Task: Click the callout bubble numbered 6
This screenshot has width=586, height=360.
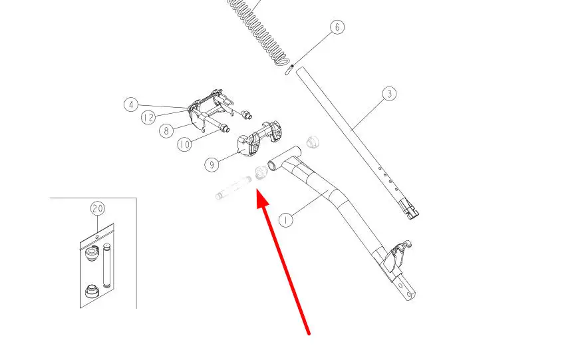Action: [x=337, y=27]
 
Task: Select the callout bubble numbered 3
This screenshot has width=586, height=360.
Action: [x=389, y=93]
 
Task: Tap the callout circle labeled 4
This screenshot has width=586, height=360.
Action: [x=131, y=104]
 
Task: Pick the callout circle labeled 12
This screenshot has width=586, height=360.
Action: [x=148, y=118]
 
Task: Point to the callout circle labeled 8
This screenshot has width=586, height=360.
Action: [x=166, y=130]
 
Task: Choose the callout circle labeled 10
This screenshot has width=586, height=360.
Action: [x=184, y=144]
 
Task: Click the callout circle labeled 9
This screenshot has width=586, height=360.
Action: [x=212, y=164]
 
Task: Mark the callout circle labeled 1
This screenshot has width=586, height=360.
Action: [x=286, y=220]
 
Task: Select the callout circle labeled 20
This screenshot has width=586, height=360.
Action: [x=98, y=208]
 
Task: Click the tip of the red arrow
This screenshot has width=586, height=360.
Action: [x=257, y=190]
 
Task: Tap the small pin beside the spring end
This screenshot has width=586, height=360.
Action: [x=289, y=70]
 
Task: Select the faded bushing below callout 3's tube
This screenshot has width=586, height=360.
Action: [x=313, y=142]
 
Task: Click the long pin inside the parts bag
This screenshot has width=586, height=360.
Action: [x=107, y=266]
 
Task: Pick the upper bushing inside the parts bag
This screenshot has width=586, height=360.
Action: [x=91, y=254]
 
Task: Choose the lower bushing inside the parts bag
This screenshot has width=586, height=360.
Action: [x=92, y=291]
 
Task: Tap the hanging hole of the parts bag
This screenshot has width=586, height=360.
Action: [x=97, y=237]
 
